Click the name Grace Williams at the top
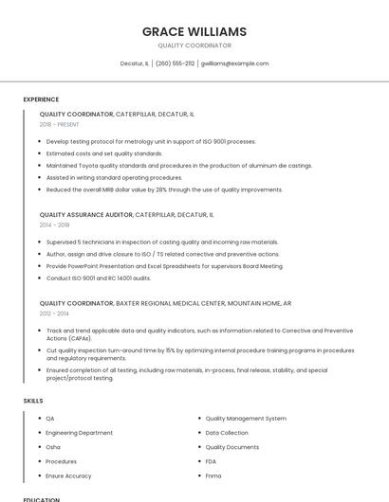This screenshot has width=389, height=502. pos(194,31)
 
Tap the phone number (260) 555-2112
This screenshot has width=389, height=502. pos(175,63)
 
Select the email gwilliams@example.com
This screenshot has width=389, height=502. pos(234,63)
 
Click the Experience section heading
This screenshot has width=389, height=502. pos(41,99)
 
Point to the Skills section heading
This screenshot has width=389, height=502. pos(33,401)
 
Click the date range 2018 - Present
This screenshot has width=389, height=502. pos(61,124)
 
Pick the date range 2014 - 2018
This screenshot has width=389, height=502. pos(54,225)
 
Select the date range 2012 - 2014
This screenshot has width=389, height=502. pos(54,314)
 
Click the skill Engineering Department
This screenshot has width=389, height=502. pos(79,432)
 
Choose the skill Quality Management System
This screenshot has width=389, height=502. pos(246,418)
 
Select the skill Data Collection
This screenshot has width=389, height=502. pos(227,432)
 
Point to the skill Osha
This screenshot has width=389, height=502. pos(53,446)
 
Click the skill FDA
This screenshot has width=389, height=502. pos(212,460)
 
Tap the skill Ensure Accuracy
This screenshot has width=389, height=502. pos(68,475)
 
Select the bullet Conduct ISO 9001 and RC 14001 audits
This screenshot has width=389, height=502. pos(98,278)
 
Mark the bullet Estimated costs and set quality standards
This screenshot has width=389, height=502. pos(103,153)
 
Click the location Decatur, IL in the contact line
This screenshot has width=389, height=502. pos(134,63)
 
